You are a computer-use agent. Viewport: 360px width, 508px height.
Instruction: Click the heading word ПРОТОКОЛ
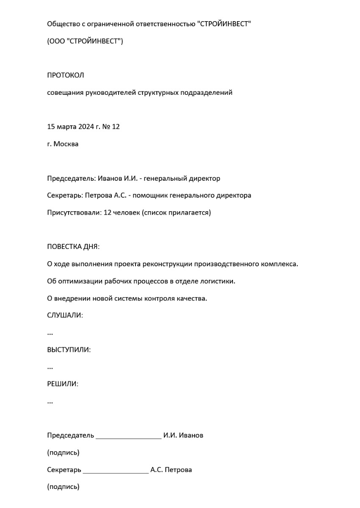click(x=66, y=75)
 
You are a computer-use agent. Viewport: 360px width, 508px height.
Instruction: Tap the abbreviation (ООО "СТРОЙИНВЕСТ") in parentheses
click(x=85, y=41)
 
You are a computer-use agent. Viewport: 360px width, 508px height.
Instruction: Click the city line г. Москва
click(x=63, y=144)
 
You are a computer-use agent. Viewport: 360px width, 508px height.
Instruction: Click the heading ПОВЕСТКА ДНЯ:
click(x=73, y=247)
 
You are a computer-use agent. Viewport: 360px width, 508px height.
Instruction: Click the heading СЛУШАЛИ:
click(x=65, y=315)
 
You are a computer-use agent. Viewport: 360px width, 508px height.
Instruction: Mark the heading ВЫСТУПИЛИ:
click(x=69, y=350)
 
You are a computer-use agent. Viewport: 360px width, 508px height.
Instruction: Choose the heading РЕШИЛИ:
click(x=63, y=384)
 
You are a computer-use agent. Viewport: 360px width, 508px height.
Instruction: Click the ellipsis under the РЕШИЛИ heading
click(x=50, y=402)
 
